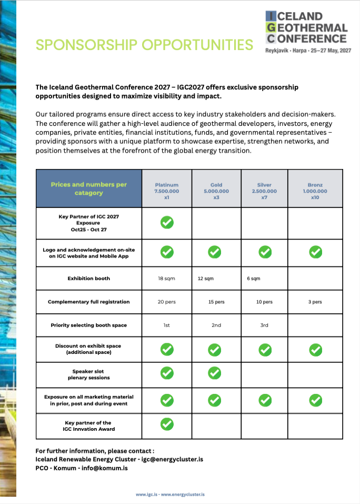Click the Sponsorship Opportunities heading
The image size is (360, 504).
tap(144, 45)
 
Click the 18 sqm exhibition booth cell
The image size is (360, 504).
tap(166, 279)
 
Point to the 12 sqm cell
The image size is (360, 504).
tap(206, 279)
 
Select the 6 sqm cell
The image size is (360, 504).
tap(253, 279)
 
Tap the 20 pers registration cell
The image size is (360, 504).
tap(166, 302)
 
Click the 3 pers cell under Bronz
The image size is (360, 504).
tap(315, 302)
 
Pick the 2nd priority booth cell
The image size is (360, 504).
tap(216, 325)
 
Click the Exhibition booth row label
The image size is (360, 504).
tap(88, 279)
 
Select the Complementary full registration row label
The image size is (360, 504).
tap(88, 302)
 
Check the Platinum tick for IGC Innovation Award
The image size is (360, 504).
tap(167, 423)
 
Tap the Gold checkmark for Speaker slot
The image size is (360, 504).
tap(214, 373)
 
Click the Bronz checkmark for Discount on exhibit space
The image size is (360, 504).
tap(315, 349)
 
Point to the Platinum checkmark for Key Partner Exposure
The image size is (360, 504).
tap(167, 223)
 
